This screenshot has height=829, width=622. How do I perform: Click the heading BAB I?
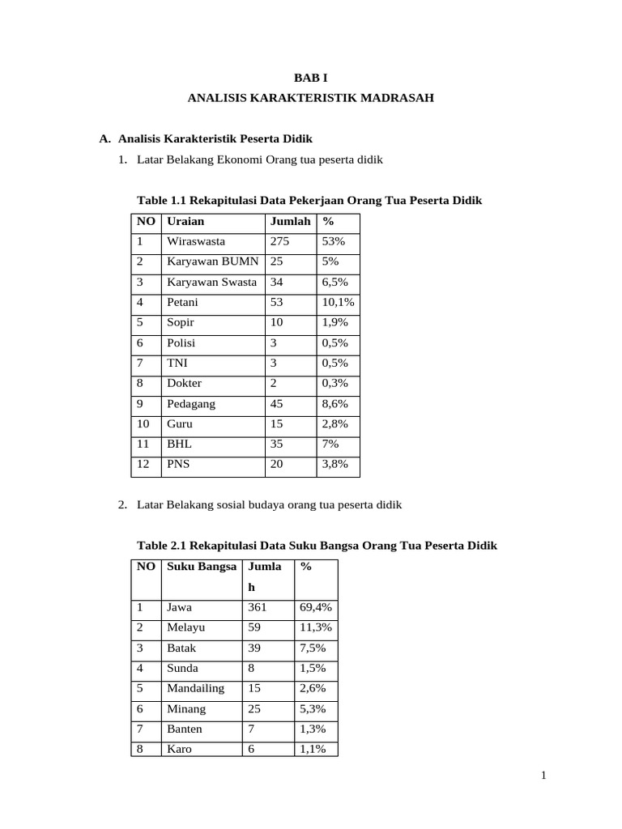310,78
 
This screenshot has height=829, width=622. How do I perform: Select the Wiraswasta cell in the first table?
196,241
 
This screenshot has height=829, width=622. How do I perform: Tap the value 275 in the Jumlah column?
279,241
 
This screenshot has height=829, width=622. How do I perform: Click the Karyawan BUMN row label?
213,261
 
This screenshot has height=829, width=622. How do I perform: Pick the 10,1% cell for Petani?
338,302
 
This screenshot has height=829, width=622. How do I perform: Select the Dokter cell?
184,383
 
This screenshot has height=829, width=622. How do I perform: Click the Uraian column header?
185,221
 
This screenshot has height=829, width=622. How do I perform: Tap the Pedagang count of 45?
277,403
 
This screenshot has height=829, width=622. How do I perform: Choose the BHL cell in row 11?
179,444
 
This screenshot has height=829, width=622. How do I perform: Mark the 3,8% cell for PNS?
334,464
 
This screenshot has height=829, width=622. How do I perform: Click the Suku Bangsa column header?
202,567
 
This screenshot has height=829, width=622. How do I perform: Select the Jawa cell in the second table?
180,607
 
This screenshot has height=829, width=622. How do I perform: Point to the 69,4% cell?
315,607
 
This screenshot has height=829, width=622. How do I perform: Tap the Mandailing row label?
195,688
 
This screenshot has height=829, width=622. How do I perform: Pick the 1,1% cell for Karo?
313,749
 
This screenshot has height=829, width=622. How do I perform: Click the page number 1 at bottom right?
544,776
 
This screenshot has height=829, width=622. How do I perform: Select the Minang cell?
186,708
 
